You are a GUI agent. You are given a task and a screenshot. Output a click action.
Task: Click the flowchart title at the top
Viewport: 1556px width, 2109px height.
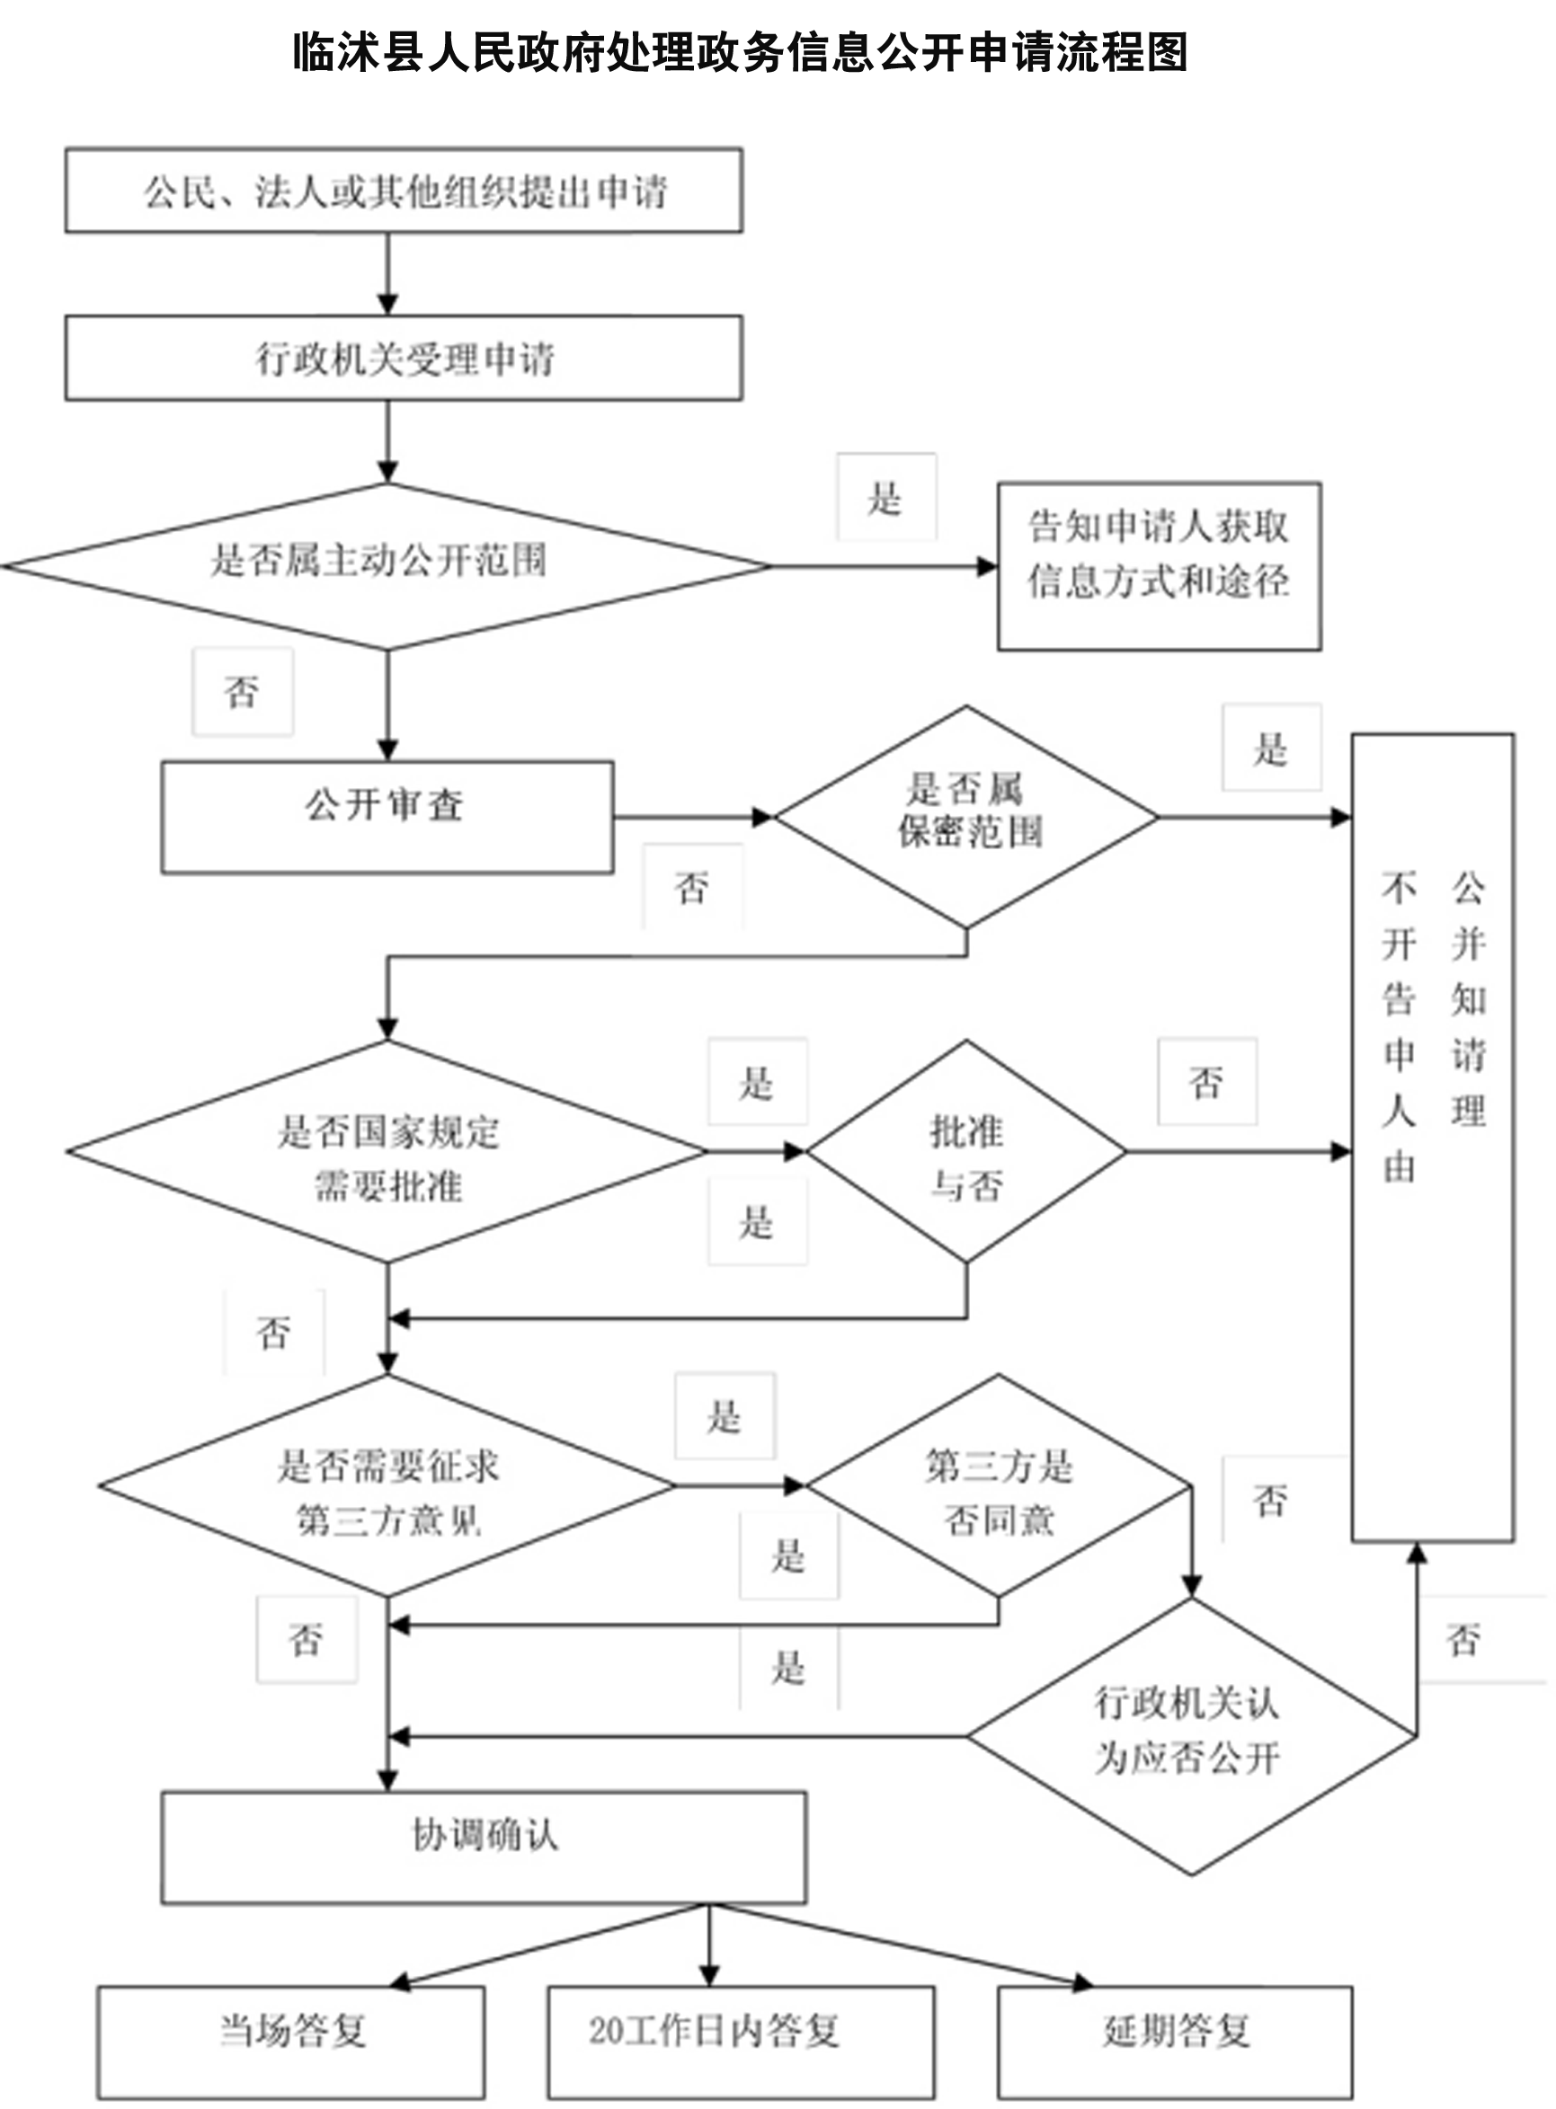click(x=740, y=53)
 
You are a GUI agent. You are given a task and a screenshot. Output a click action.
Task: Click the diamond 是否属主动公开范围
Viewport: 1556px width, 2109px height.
click(x=387, y=566)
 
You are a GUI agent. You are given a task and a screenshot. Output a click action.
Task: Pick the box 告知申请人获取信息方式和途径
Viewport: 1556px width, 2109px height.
click(x=1159, y=566)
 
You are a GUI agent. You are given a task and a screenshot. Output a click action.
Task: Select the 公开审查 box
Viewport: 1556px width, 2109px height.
click(x=387, y=816)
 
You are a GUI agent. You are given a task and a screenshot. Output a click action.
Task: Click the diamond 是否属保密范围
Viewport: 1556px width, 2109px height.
click(x=966, y=816)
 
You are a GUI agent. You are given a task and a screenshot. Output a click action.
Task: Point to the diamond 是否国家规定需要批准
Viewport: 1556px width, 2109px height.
click(x=387, y=1150)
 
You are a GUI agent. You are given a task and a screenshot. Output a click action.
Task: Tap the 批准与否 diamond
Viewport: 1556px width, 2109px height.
click(x=966, y=1150)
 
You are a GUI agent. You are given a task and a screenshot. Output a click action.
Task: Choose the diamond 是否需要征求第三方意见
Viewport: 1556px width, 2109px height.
click(x=387, y=1485)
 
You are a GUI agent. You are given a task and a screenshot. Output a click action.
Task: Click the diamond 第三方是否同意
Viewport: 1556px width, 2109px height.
click(x=999, y=1485)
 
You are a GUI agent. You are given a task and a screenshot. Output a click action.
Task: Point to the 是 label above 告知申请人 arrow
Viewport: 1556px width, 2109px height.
click(x=885, y=497)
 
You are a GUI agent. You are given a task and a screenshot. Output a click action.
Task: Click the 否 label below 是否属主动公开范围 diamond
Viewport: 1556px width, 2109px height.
click(x=242, y=692)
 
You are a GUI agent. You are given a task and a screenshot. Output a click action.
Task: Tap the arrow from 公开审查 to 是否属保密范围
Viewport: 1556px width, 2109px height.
click(x=692, y=816)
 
